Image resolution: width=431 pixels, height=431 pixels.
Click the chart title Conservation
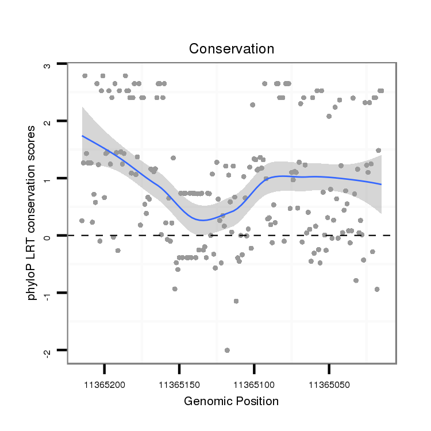(x=232, y=49)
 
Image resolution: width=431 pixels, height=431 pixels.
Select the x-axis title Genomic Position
(x=231, y=401)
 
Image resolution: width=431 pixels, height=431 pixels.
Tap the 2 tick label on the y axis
(x=47, y=122)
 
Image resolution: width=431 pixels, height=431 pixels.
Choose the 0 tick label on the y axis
(x=47, y=236)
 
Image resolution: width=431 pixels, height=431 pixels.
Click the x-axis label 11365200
(x=105, y=382)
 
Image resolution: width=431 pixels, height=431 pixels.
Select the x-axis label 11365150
(x=179, y=382)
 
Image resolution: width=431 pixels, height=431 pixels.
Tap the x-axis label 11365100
(x=254, y=382)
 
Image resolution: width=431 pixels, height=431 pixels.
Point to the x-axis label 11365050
(x=329, y=382)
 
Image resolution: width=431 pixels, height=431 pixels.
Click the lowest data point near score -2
(x=227, y=350)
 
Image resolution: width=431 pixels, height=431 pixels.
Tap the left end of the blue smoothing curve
(x=82, y=136)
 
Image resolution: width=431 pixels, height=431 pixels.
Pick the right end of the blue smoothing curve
(x=381, y=184)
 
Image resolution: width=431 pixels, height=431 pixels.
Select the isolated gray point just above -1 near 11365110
(x=236, y=301)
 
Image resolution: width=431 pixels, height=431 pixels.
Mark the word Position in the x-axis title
(x=259, y=401)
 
